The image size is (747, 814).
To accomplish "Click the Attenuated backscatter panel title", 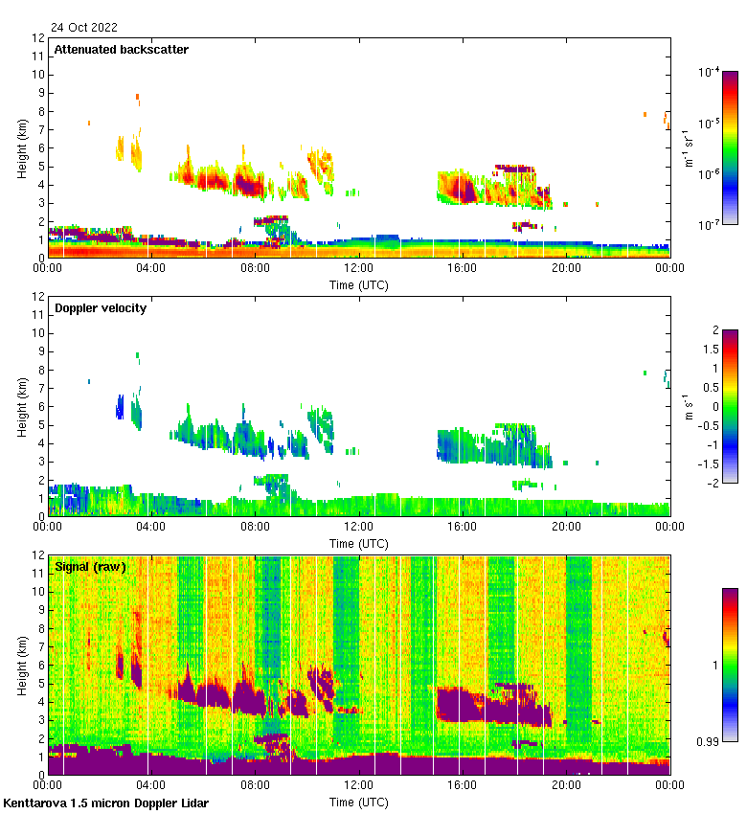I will pos(122,50).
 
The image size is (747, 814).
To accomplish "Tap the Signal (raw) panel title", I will pos(90,567).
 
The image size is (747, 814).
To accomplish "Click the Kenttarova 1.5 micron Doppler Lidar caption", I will pos(105,803).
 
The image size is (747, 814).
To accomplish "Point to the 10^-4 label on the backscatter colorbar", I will pos(710,72).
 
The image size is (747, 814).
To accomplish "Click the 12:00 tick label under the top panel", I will pos(359,269).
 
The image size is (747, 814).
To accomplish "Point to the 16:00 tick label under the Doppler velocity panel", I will pos(463,528).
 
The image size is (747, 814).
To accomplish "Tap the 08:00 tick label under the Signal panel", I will pos(256,786).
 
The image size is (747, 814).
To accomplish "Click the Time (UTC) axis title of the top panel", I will pos(359,284).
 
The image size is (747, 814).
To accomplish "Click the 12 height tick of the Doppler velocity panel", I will pos(37,297).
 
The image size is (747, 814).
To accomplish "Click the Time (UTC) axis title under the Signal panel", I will pos(359,802).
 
